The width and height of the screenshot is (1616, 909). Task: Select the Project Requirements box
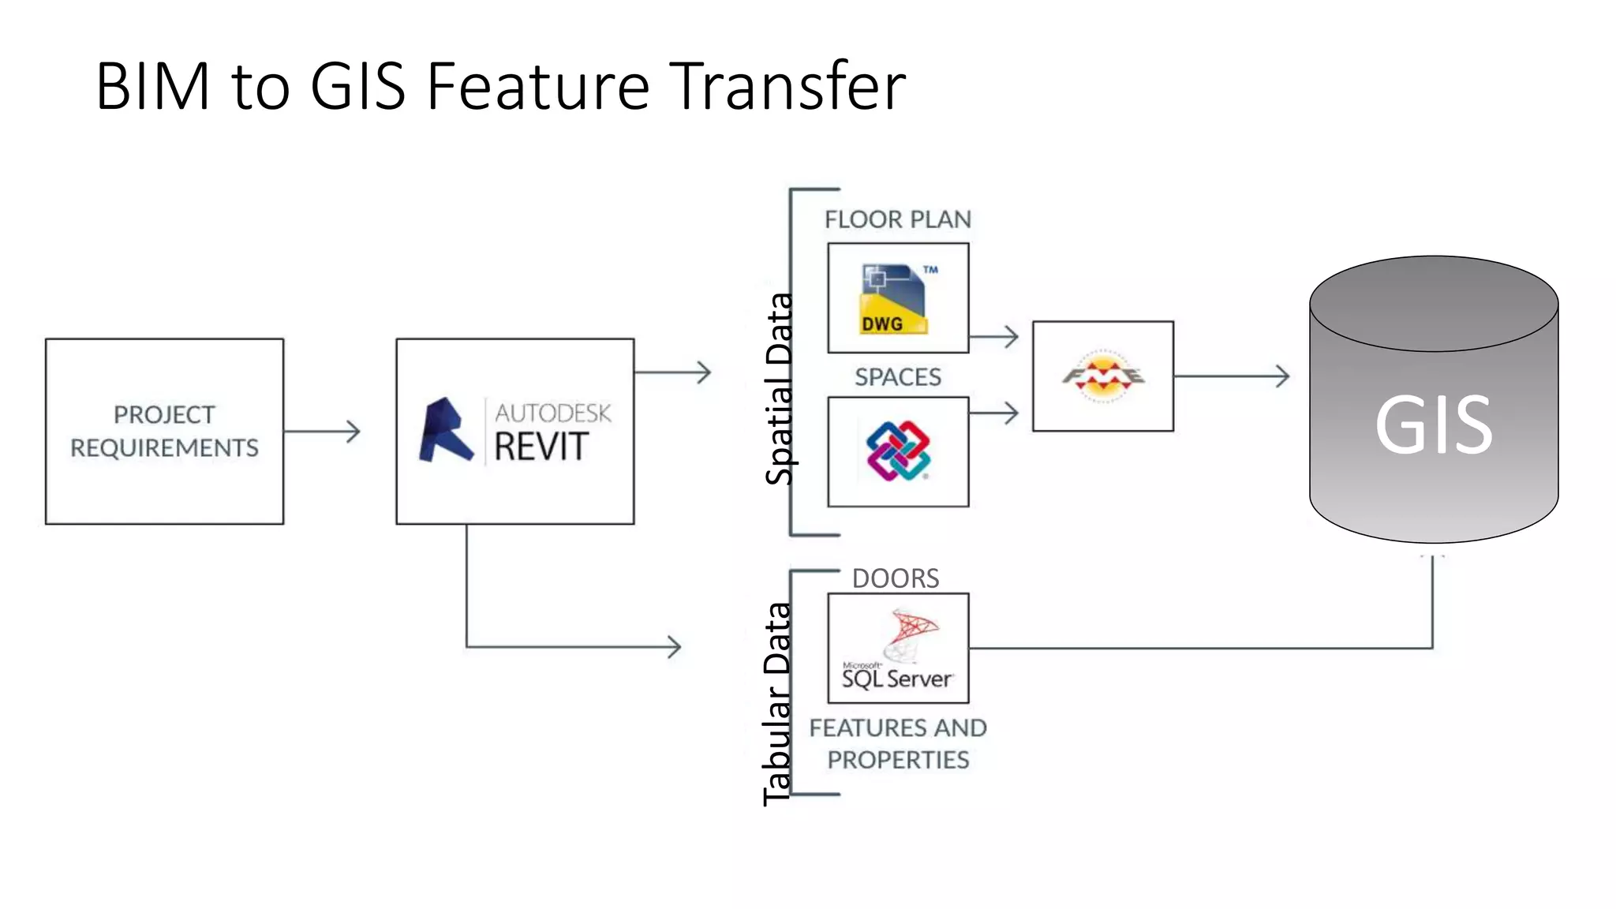(164, 431)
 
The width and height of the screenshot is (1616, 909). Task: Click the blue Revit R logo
(445, 431)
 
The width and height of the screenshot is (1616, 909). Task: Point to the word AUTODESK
(552, 413)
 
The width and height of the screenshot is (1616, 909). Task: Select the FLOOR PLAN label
(898, 219)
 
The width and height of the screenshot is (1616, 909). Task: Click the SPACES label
(898, 377)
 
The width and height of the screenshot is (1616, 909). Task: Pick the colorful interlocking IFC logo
(898, 451)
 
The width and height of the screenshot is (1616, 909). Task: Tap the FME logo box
(1102, 376)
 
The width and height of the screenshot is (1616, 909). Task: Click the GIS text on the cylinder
(1433, 425)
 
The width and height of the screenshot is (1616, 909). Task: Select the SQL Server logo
(898, 649)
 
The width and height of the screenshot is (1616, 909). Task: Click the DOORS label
(896, 578)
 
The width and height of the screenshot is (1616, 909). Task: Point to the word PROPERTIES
(898, 760)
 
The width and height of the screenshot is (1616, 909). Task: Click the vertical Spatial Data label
(780, 388)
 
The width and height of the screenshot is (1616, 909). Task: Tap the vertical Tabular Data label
(777, 704)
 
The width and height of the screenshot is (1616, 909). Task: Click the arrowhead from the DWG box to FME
(1012, 337)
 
